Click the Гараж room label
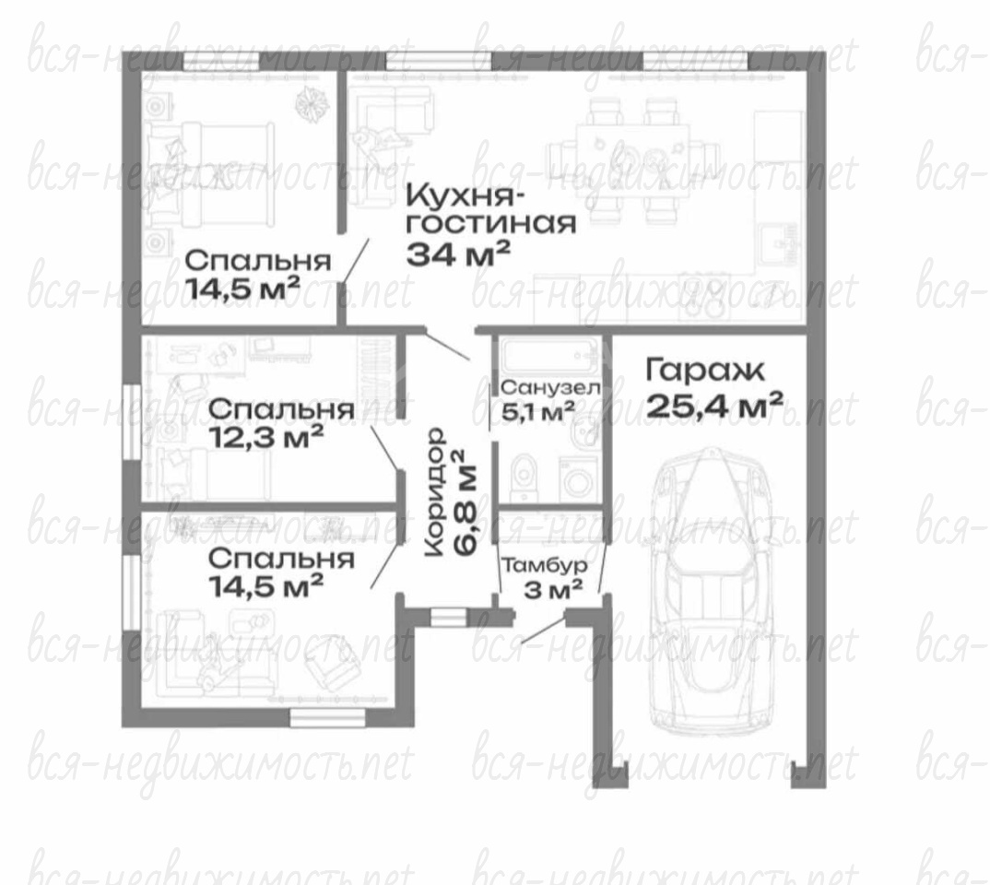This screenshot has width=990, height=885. pyautogui.click(x=704, y=372)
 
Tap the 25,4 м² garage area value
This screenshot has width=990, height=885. pyautogui.click(x=714, y=406)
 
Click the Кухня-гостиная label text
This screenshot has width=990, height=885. pyautogui.click(x=490, y=208)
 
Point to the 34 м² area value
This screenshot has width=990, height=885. pyautogui.click(x=458, y=254)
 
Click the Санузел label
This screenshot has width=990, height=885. pyautogui.click(x=550, y=387)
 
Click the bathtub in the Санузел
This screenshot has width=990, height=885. pyautogui.click(x=549, y=356)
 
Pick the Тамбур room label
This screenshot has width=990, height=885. pyautogui.click(x=544, y=566)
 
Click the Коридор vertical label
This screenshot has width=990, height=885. pyautogui.click(x=434, y=492)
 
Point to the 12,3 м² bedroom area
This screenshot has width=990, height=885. pyautogui.click(x=266, y=437)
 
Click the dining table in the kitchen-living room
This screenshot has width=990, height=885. pyautogui.click(x=633, y=160)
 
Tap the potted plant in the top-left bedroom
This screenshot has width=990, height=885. pyautogui.click(x=312, y=102)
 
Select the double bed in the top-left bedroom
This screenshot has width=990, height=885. pyautogui.click(x=209, y=174)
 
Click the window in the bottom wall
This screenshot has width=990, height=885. pyautogui.click(x=327, y=718)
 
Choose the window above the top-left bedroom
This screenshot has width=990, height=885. pyautogui.click(x=221, y=61)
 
